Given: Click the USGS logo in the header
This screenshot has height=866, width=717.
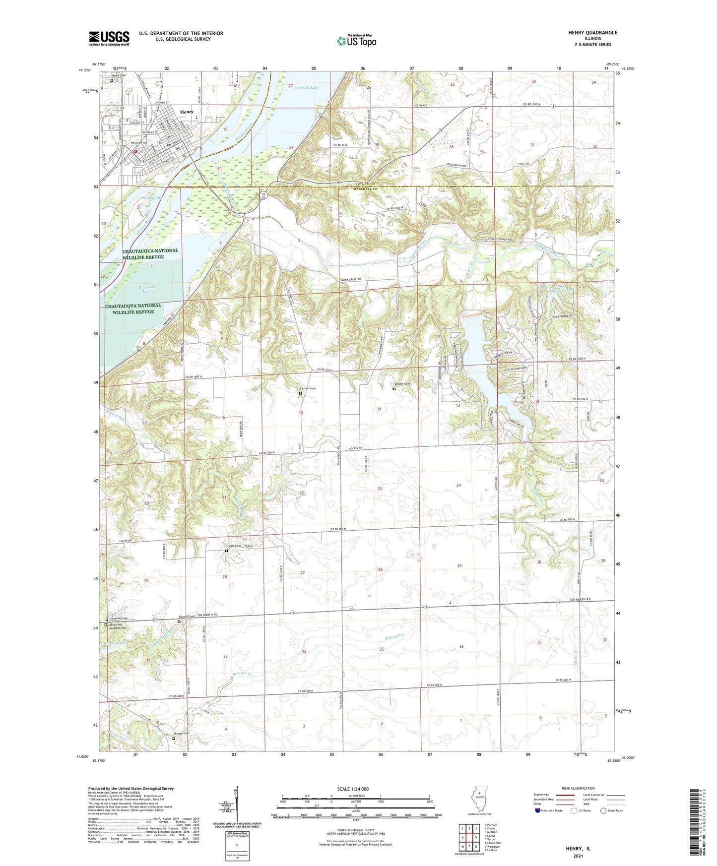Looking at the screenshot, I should (109, 38).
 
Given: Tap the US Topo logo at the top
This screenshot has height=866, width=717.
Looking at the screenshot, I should (356, 41).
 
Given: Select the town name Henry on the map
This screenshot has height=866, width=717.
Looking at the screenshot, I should (187, 112).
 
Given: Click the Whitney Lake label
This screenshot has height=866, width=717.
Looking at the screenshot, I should (153, 197).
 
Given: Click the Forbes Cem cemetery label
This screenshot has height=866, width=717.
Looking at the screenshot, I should (307, 388).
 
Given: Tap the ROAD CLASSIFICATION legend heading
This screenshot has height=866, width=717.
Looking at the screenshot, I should (579, 788).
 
